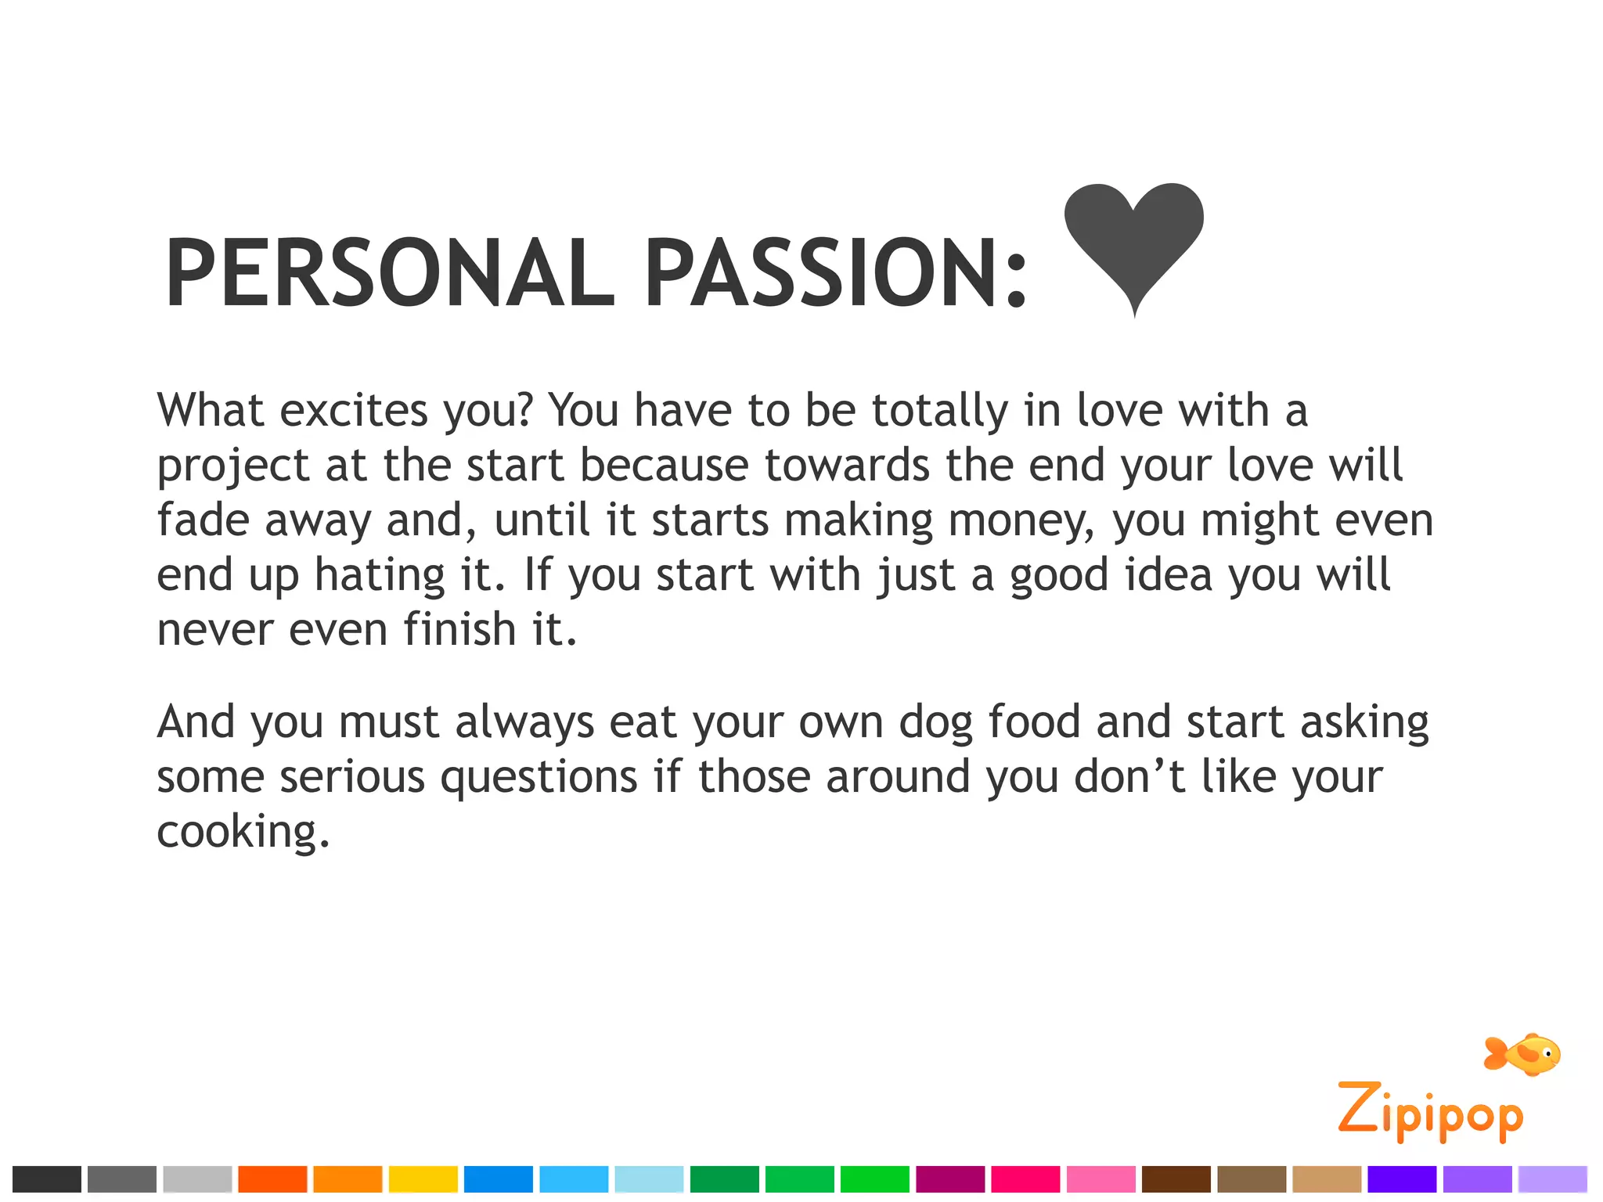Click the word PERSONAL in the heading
(x=389, y=274)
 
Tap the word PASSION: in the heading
(x=836, y=274)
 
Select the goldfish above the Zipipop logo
(x=1522, y=1054)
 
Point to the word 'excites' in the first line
(x=354, y=410)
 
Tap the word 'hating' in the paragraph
(x=380, y=575)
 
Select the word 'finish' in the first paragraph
(x=459, y=629)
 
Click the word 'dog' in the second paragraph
(x=935, y=722)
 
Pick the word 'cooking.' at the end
(x=243, y=832)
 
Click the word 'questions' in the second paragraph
(x=539, y=777)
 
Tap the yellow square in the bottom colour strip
(x=423, y=1179)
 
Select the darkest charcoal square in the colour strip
(x=47, y=1179)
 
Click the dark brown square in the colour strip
(x=1176, y=1179)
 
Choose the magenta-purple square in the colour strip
(x=950, y=1179)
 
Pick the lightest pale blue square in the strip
(x=649, y=1179)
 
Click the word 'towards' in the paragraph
(x=847, y=466)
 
